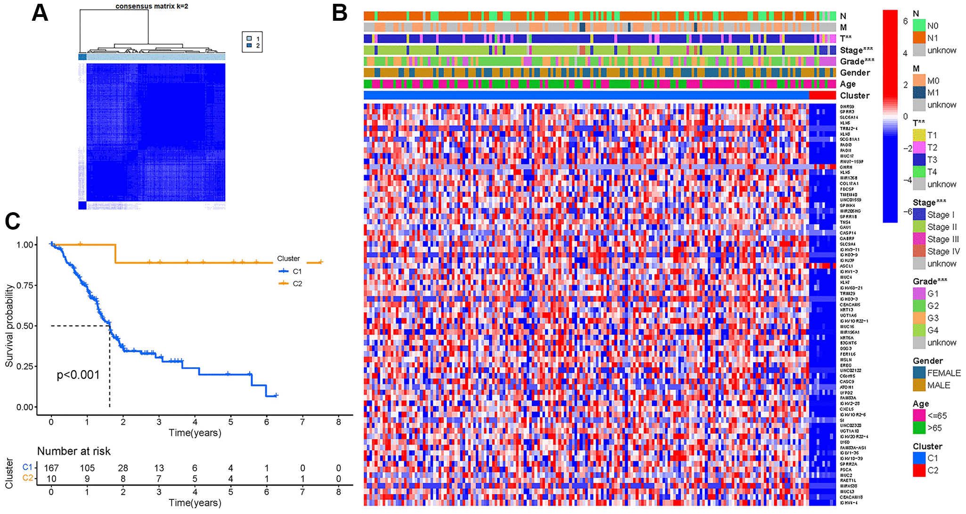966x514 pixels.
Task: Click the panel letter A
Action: click(40, 13)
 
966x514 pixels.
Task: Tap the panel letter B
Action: click(340, 13)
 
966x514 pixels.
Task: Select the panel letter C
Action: click(13, 221)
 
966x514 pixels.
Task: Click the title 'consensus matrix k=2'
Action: click(152, 6)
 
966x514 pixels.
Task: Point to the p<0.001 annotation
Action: click(78, 375)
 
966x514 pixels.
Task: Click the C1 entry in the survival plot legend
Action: click(297, 271)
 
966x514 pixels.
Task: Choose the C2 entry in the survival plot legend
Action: click(297, 283)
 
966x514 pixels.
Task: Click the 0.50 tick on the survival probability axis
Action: click(25, 326)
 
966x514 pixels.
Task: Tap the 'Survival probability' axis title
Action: click(9, 326)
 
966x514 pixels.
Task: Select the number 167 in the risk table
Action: click(51, 468)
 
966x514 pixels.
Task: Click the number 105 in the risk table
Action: click(87, 468)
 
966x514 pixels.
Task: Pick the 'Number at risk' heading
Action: click(74, 451)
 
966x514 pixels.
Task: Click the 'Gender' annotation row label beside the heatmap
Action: click(855, 73)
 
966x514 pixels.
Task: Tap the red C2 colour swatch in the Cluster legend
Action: click(919, 470)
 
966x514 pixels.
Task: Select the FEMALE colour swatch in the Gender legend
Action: click(919, 373)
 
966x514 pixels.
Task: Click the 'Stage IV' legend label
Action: click(943, 251)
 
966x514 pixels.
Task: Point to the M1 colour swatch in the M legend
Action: click(919, 92)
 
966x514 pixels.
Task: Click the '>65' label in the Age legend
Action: click(934, 428)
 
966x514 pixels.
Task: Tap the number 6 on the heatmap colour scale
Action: click(905, 21)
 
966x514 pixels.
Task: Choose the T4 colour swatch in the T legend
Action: click(919, 172)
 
